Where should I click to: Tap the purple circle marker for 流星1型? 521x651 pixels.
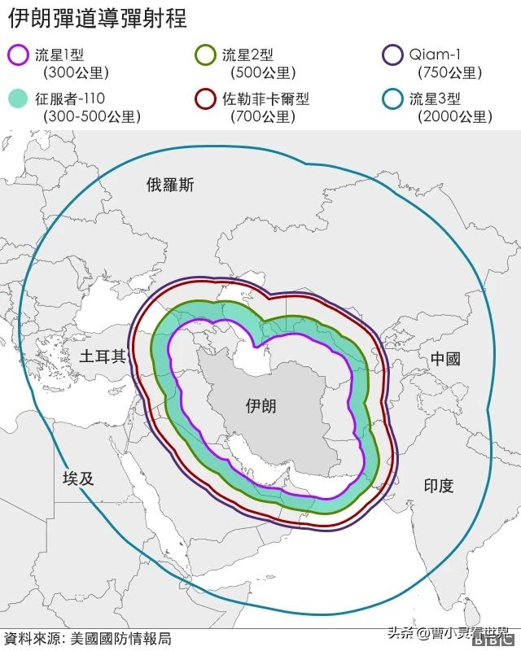pyautogui.click(x=18, y=55)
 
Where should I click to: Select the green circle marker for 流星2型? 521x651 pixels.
pyautogui.click(x=206, y=55)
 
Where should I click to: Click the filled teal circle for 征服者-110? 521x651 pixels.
pyautogui.click(x=18, y=99)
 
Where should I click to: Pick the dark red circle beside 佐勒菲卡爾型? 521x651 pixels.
pyautogui.click(x=206, y=99)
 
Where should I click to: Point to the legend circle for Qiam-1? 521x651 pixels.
pyautogui.click(x=393, y=55)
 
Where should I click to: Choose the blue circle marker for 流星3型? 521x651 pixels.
pyautogui.click(x=393, y=99)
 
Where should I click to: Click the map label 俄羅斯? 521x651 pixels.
pyautogui.click(x=170, y=185)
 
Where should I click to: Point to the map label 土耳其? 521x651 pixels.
pyautogui.click(x=103, y=356)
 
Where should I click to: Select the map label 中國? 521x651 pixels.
pyautogui.click(x=445, y=359)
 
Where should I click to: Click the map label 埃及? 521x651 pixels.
pyautogui.click(x=78, y=478)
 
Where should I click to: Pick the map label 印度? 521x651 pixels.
pyautogui.click(x=439, y=486)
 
